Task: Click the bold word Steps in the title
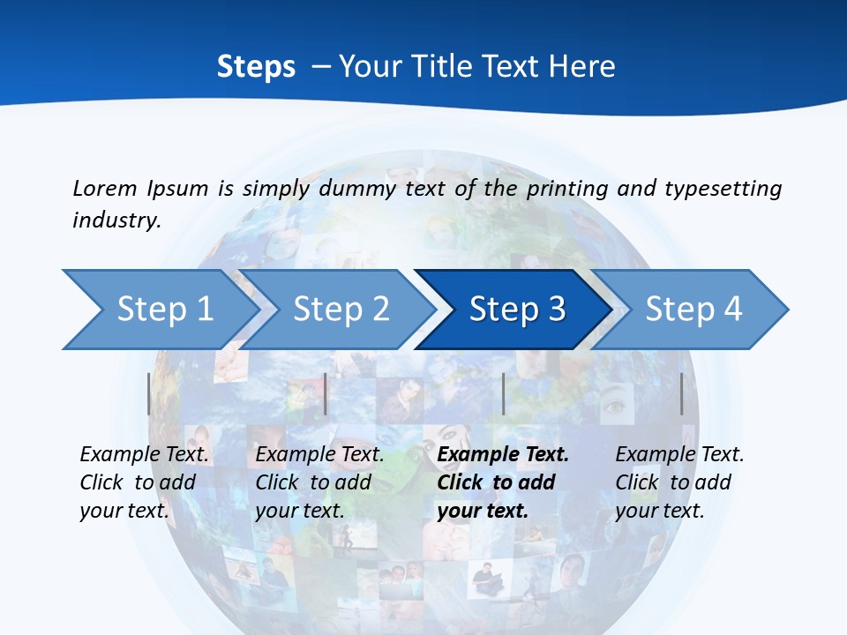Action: click(256, 67)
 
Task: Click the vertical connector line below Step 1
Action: click(149, 393)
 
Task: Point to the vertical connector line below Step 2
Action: click(326, 393)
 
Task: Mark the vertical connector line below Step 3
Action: click(504, 393)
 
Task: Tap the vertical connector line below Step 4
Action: click(682, 393)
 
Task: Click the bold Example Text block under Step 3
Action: click(503, 482)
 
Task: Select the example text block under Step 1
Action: click(144, 482)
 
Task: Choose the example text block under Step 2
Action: click(319, 482)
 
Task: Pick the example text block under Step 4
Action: click(679, 482)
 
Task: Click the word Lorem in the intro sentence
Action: click(104, 188)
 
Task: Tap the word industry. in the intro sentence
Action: click(116, 220)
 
